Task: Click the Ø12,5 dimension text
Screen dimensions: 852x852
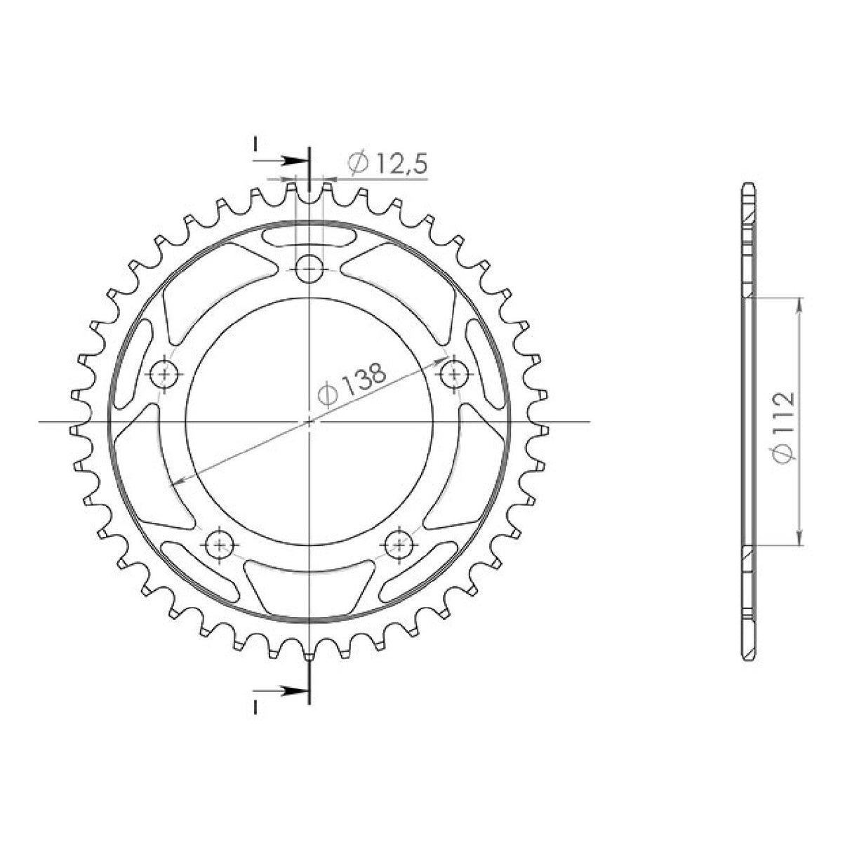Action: coord(387,164)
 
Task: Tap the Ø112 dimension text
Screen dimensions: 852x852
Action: coord(782,426)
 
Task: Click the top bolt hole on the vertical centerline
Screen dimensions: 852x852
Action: coord(309,268)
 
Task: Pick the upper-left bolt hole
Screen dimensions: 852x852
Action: coord(166,374)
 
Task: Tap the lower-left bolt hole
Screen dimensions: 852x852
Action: coord(220,543)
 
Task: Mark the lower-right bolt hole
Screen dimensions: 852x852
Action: coord(399,542)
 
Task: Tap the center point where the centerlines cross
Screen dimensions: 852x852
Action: coord(309,422)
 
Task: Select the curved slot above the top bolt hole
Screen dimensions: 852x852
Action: coord(309,237)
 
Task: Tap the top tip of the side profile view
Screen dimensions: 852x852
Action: coord(749,184)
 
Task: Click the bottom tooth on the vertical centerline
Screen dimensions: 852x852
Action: coord(309,656)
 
